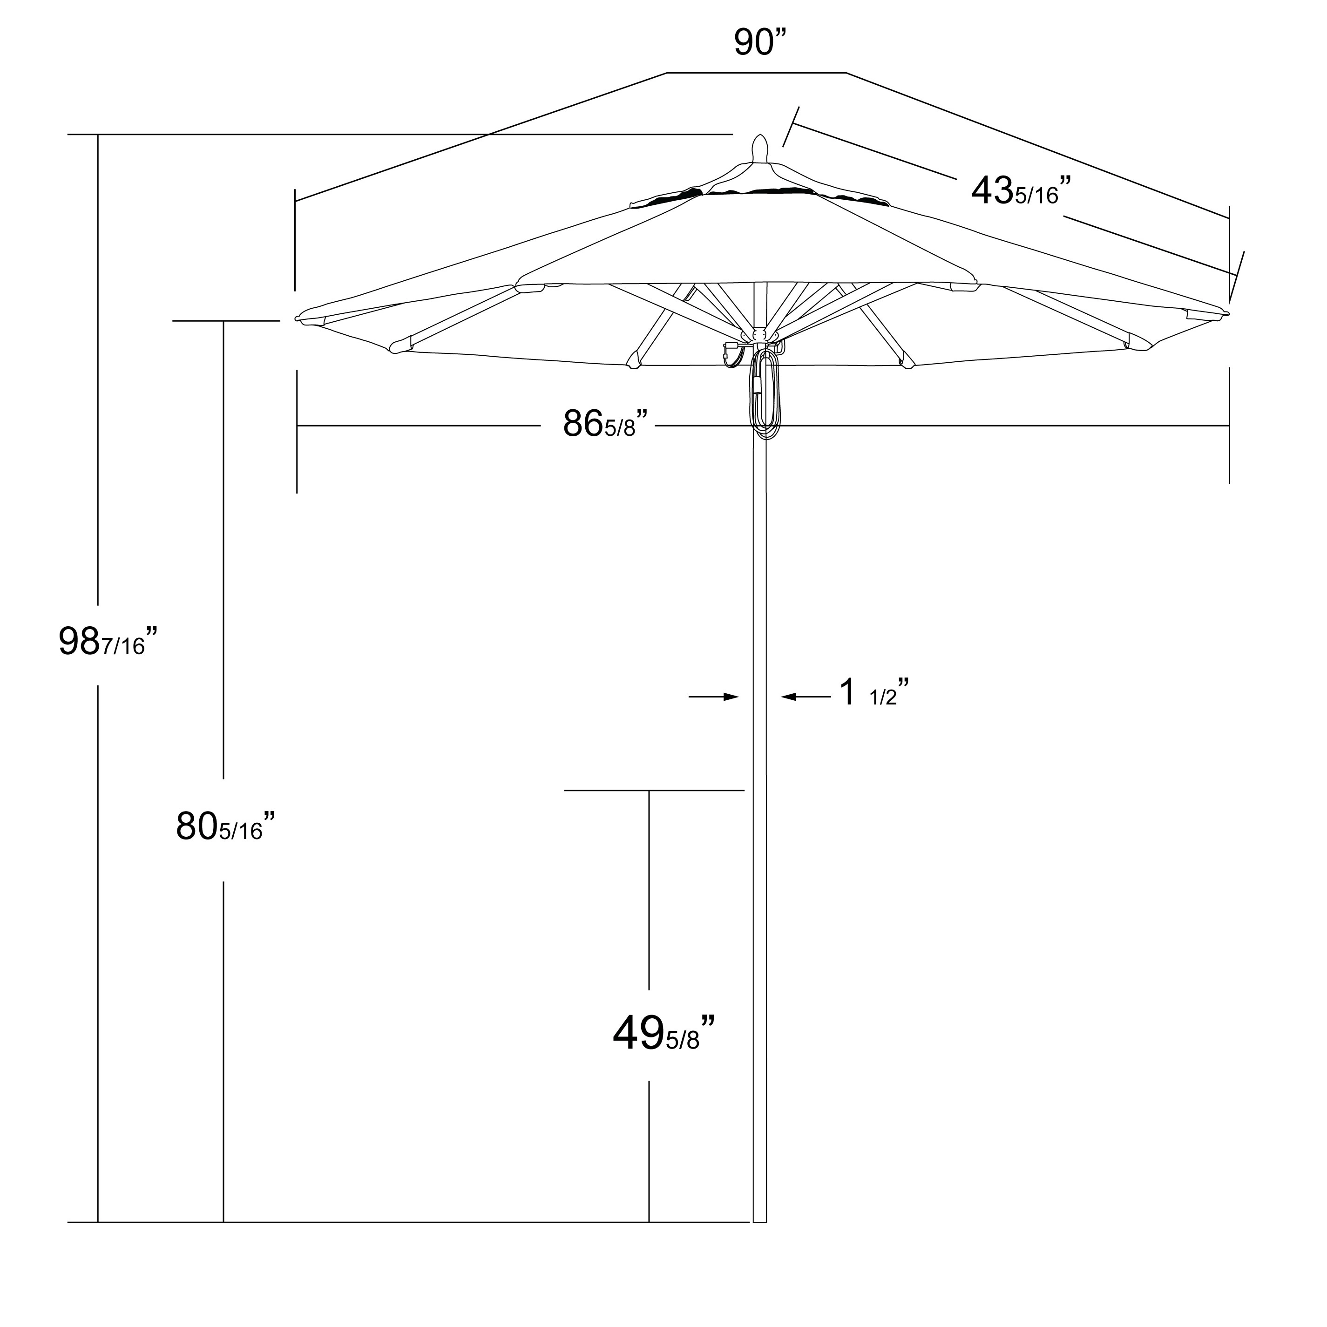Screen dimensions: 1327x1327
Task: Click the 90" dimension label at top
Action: tap(760, 42)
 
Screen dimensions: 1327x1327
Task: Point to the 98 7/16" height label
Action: tap(108, 642)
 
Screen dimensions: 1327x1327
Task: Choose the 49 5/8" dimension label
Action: tap(663, 1033)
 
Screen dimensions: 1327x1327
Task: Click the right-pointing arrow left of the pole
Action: tap(714, 697)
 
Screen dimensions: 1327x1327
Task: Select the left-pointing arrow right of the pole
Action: tap(805, 697)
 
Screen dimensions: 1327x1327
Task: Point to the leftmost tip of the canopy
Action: tap(298, 318)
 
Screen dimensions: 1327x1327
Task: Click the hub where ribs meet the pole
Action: tap(760, 336)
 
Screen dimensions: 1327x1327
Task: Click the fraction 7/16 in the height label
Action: tap(124, 646)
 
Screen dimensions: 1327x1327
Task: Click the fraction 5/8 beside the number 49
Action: tap(682, 1040)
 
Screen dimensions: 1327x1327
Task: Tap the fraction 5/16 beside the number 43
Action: tap(1037, 196)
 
